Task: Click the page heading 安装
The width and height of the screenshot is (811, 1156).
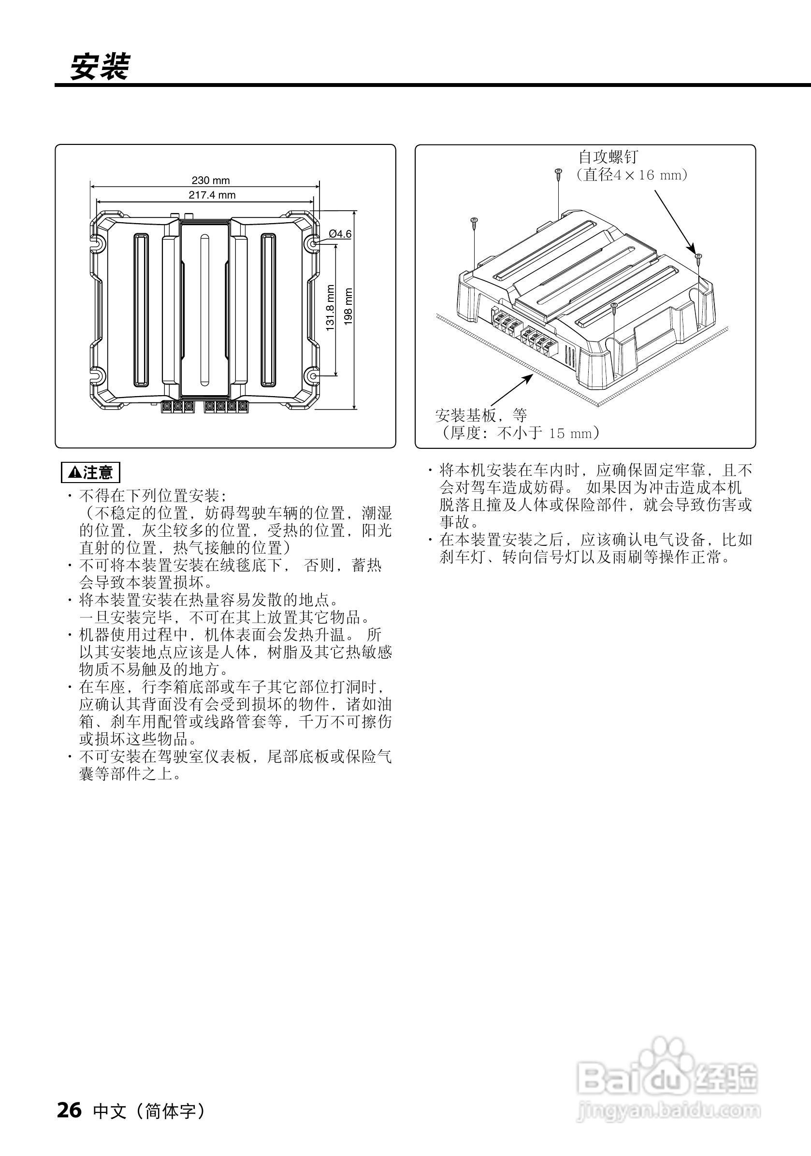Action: click(100, 67)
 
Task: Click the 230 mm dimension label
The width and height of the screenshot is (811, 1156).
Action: click(211, 180)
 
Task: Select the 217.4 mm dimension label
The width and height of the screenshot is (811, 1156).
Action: click(212, 195)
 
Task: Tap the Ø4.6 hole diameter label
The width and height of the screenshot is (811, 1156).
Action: click(340, 234)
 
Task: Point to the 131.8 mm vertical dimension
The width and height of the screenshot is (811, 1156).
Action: click(331, 308)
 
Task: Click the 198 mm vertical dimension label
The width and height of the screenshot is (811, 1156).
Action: click(348, 307)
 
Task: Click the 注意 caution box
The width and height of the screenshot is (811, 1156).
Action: click(91, 472)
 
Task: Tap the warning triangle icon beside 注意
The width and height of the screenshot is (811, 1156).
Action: click(74, 473)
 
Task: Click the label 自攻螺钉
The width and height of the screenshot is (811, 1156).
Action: click(608, 157)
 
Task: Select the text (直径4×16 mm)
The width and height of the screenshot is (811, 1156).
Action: click(632, 175)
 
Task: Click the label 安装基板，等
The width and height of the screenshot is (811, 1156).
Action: click(481, 415)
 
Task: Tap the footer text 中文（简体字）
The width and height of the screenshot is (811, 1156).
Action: click(150, 1111)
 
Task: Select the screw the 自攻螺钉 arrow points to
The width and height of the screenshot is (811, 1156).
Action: click(697, 257)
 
